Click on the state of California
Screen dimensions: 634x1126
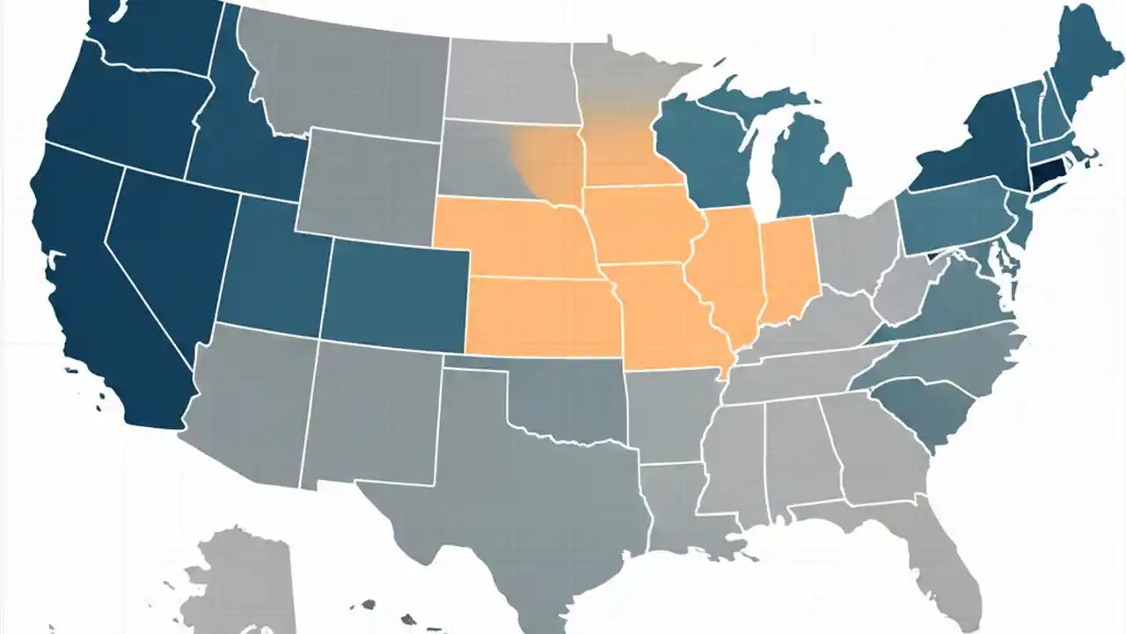pyautogui.click(x=97, y=291)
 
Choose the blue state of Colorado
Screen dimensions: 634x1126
pyautogui.click(x=396, y=291)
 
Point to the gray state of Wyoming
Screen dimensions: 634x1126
pyautogui.click(x=369, y=185)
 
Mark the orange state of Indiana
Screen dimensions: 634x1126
pyautogui.click(x=787, y=269)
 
